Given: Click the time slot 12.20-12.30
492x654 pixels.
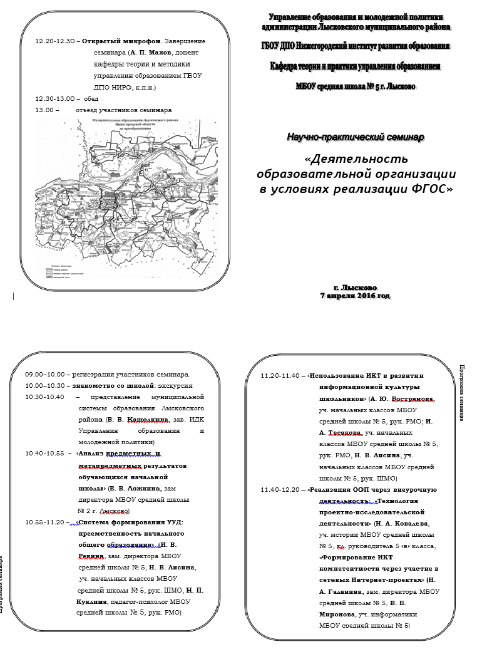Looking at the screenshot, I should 56,41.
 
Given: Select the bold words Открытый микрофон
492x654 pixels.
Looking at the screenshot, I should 118,41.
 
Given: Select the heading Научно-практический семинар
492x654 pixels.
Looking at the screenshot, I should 355,137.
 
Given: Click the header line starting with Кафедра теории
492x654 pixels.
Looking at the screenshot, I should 355,66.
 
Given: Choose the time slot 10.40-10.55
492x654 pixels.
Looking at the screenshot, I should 45,454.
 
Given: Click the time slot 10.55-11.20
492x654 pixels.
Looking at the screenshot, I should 45,522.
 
